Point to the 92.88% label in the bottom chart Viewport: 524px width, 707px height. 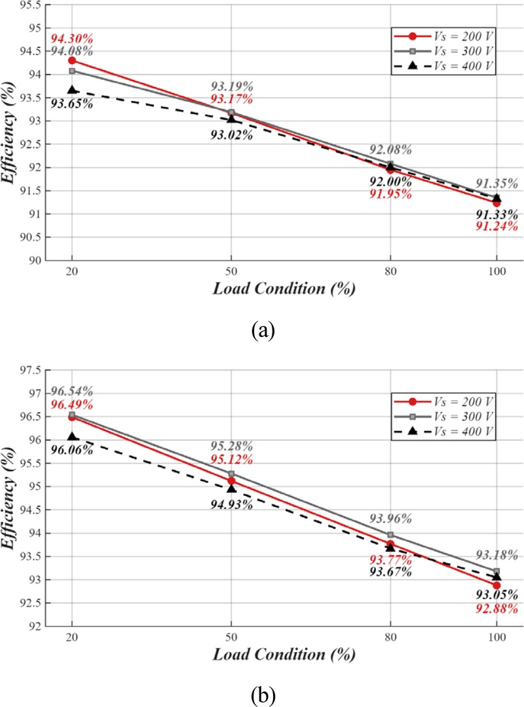(x=496, y=608)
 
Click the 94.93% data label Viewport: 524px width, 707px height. (x=231, y=503)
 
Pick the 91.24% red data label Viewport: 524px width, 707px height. (x=496, y=227)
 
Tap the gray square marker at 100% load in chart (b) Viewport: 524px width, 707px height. (x=496, y=571)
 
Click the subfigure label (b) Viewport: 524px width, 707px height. (x=263, y=694)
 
